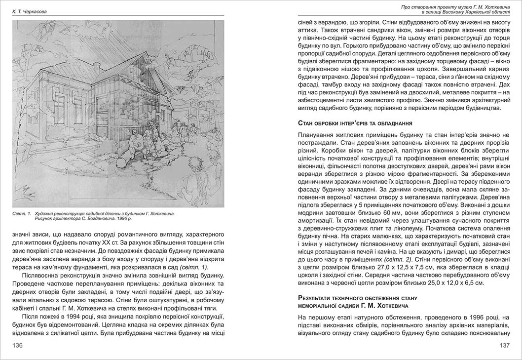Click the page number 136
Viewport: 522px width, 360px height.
pyautogui.click(x=18, y=345)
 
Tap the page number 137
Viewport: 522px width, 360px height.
pyautogui.click(x=504, y=345)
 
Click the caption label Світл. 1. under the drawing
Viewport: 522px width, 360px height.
pyautogui.click(x=22, y=214)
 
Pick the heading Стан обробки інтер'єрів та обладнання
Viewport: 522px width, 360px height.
pyautogui.click(x=355, y=122)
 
